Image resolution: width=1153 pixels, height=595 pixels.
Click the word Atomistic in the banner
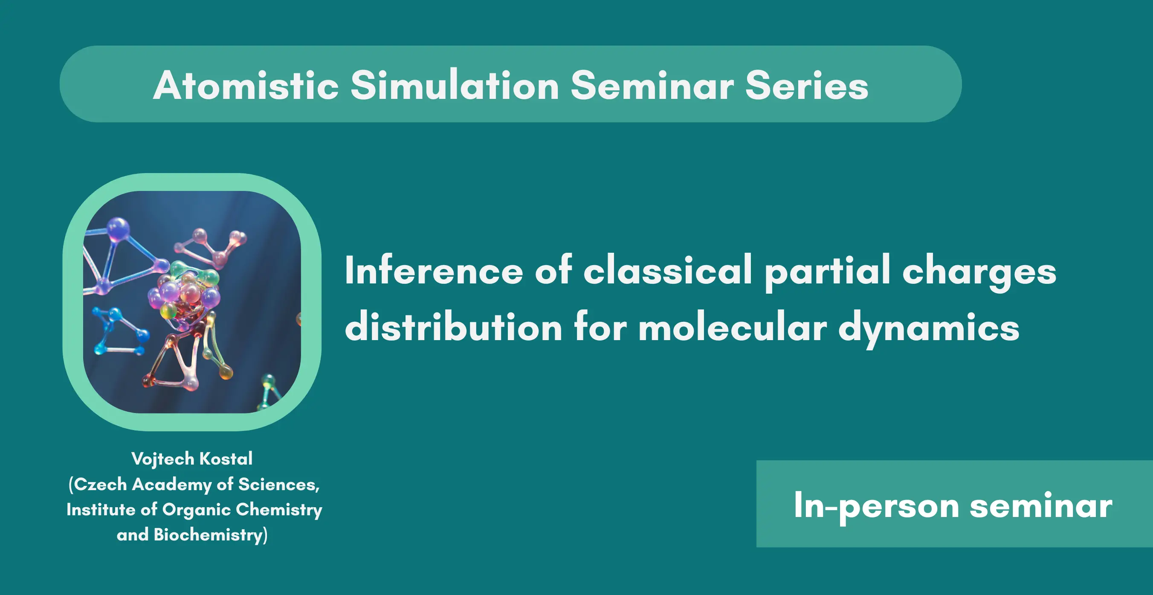246,85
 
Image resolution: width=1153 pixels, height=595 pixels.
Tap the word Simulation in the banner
454,85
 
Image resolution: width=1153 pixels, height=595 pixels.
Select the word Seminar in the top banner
652,85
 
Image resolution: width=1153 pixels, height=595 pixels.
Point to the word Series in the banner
807,85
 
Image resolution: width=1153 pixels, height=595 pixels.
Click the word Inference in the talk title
434,270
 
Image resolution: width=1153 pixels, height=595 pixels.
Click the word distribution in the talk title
453,326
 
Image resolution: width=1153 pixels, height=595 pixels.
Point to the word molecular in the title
732,326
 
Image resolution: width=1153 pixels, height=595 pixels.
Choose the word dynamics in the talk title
928,328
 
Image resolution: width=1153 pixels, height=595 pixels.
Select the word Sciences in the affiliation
279,485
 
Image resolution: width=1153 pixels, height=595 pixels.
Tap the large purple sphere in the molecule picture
118,229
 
